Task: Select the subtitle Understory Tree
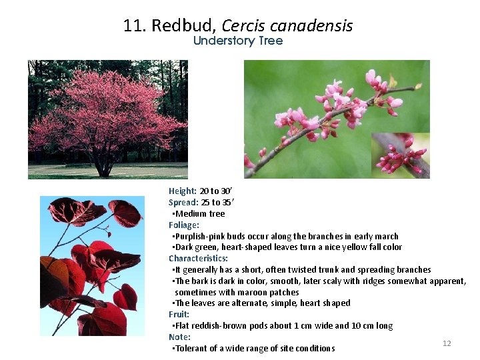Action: (238, 41)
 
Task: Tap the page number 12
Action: (447, 343)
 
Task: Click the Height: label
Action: (183, 191)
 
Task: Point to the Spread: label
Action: (183, 203)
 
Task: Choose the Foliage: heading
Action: (184, 225)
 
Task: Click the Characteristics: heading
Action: (198, 259)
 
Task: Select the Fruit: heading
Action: (179, 315)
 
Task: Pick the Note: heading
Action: (179, 337)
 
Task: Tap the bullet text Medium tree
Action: (200, 214)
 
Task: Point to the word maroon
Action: (252, 292)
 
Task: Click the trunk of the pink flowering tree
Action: (103, 166)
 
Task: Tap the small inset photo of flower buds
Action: (400, 155)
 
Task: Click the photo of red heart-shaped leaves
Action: (92, 266)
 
